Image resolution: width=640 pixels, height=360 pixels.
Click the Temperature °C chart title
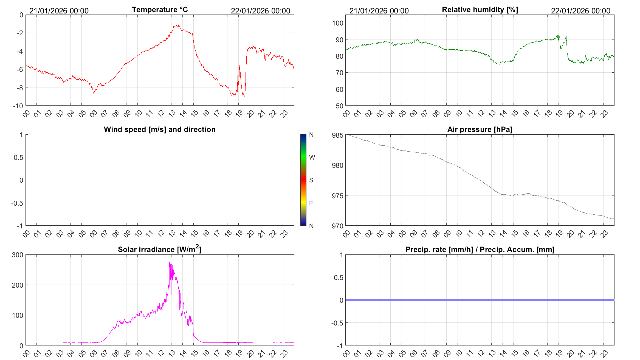click(x=160, y=10)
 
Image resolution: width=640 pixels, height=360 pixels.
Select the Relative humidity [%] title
click(x=480, y=10)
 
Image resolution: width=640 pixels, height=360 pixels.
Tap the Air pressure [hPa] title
click(x=480, y=129)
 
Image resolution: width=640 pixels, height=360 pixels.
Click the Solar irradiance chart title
click(x=160, y=249)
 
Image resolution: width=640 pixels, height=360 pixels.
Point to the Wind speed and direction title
click(x=160, y=129)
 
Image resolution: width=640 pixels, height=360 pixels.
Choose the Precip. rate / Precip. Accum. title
click(x=480, y=250)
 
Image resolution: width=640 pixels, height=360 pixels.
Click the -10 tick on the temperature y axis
click(x=18, y=106)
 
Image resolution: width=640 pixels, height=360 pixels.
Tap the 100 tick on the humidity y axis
click(x=338, y=23)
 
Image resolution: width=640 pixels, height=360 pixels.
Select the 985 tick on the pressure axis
click(x=338, y=135)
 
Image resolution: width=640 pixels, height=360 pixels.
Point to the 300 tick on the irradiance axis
click(x=18, y=255)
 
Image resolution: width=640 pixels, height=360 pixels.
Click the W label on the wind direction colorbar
click(x=312, y=157)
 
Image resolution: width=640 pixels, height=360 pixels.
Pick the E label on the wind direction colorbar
click(x=311, y=203)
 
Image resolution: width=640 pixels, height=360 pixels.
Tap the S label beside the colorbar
click(x=311, y=180)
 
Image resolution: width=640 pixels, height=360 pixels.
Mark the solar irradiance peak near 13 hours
click(x=170, y=263)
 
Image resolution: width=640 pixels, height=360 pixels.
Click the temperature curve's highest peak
click(x=179, y=25)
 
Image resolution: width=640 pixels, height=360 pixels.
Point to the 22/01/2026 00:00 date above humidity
click(x=580, y=11)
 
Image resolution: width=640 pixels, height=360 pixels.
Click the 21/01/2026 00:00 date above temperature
click(x=59, y=11)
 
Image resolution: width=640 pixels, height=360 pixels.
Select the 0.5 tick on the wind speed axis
click(x=18, y=157)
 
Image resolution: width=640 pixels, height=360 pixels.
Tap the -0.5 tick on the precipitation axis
click(x=337, y=323)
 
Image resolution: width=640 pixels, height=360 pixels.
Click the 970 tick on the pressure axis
click(x=338, y=226)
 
